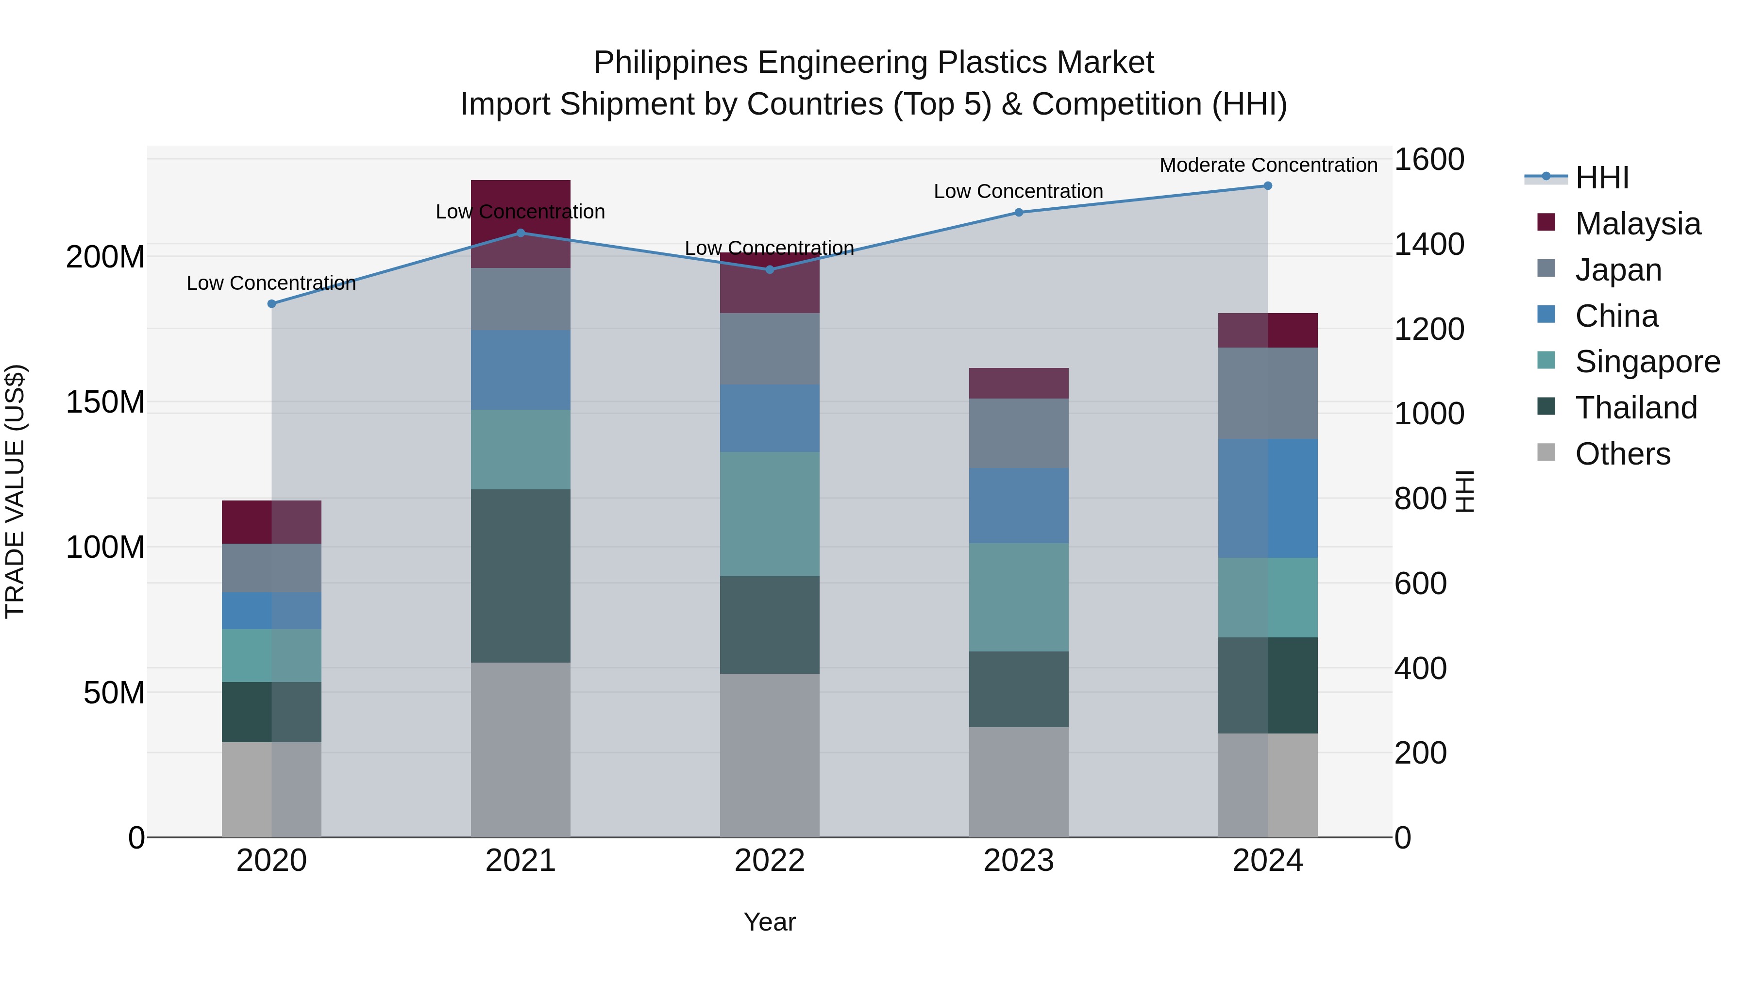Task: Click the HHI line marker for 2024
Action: (x=1268, y=186)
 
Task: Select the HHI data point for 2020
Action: (x=271, y=304)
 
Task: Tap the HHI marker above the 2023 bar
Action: (x=1019, y=212)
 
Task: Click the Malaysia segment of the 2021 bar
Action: (x=521, y=223)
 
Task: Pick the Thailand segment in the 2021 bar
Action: (x=521, y=575)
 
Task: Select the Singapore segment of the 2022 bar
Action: (x=770, y=514)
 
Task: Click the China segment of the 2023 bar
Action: (x=1019, y=505)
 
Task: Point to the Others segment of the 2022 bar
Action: (x=770, y=755)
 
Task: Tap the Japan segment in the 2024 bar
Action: (x=1268, y=394)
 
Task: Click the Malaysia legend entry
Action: (x=1637, y=224)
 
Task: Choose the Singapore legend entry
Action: (x=1647, y=362)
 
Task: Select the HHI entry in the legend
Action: (x=1601, y=178)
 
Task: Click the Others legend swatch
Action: (x=1546, y=452)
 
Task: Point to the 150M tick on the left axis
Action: (x=105, y=402)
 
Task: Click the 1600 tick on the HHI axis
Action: (x=1429, y=160)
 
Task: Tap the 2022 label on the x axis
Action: (x=770, y=861)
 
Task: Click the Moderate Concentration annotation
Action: (x=1268, y=165)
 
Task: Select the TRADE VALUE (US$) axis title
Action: (x=15, y=491)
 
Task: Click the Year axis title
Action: (x=770, y=922)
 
